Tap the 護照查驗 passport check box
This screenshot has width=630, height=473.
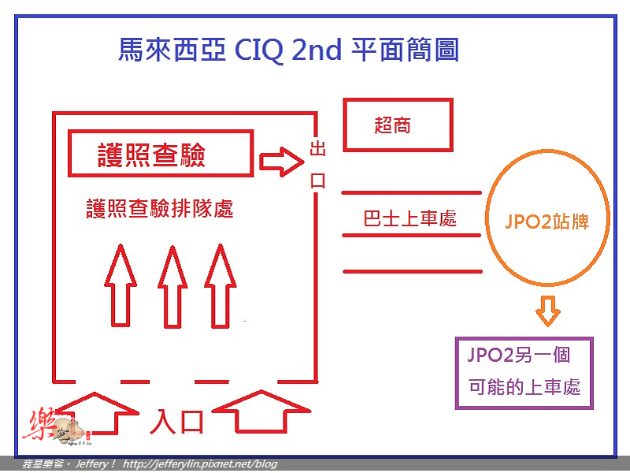pyautogui.click(x=160, y=154)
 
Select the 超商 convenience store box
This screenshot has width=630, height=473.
pyautogui.click(x=398, y=125)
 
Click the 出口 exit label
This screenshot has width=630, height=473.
pyautogui.click(x=318, y=165)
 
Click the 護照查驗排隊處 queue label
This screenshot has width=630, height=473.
pyautogui.click(x=160, y=210)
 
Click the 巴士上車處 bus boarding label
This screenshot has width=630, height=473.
pyautogui.click(x=410, y=219)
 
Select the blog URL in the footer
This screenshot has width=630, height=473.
pyautogui.click(x=200, y=464)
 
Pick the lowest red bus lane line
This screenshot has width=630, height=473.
pyautogui.click(x=412, y=271)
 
